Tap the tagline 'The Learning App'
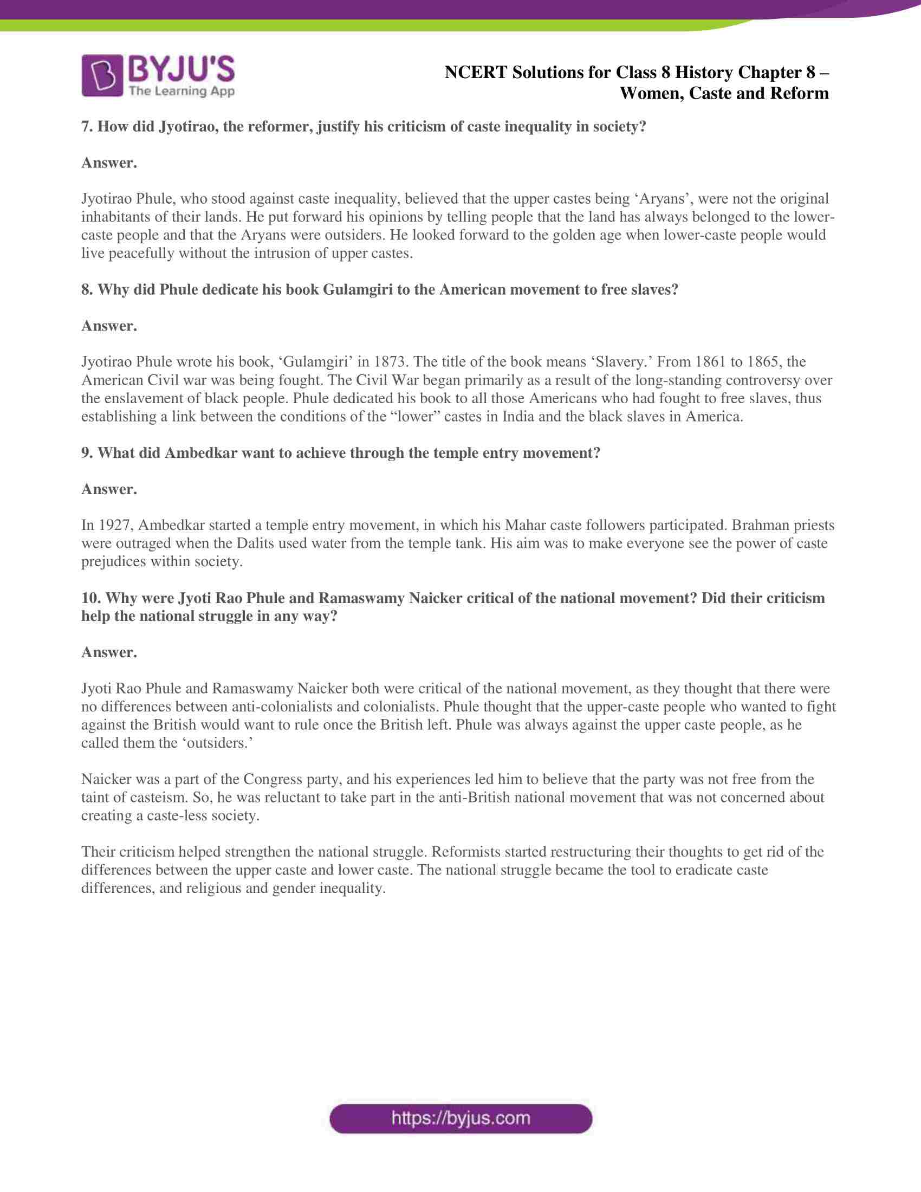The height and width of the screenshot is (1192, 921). [181, 91]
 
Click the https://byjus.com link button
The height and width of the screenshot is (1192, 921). [460, 1118]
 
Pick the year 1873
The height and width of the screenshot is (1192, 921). [390, 362]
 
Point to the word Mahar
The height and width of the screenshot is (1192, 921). [525, 525]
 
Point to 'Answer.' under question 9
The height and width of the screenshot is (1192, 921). [109, 489]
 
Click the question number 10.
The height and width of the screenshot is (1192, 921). [90, 598]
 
